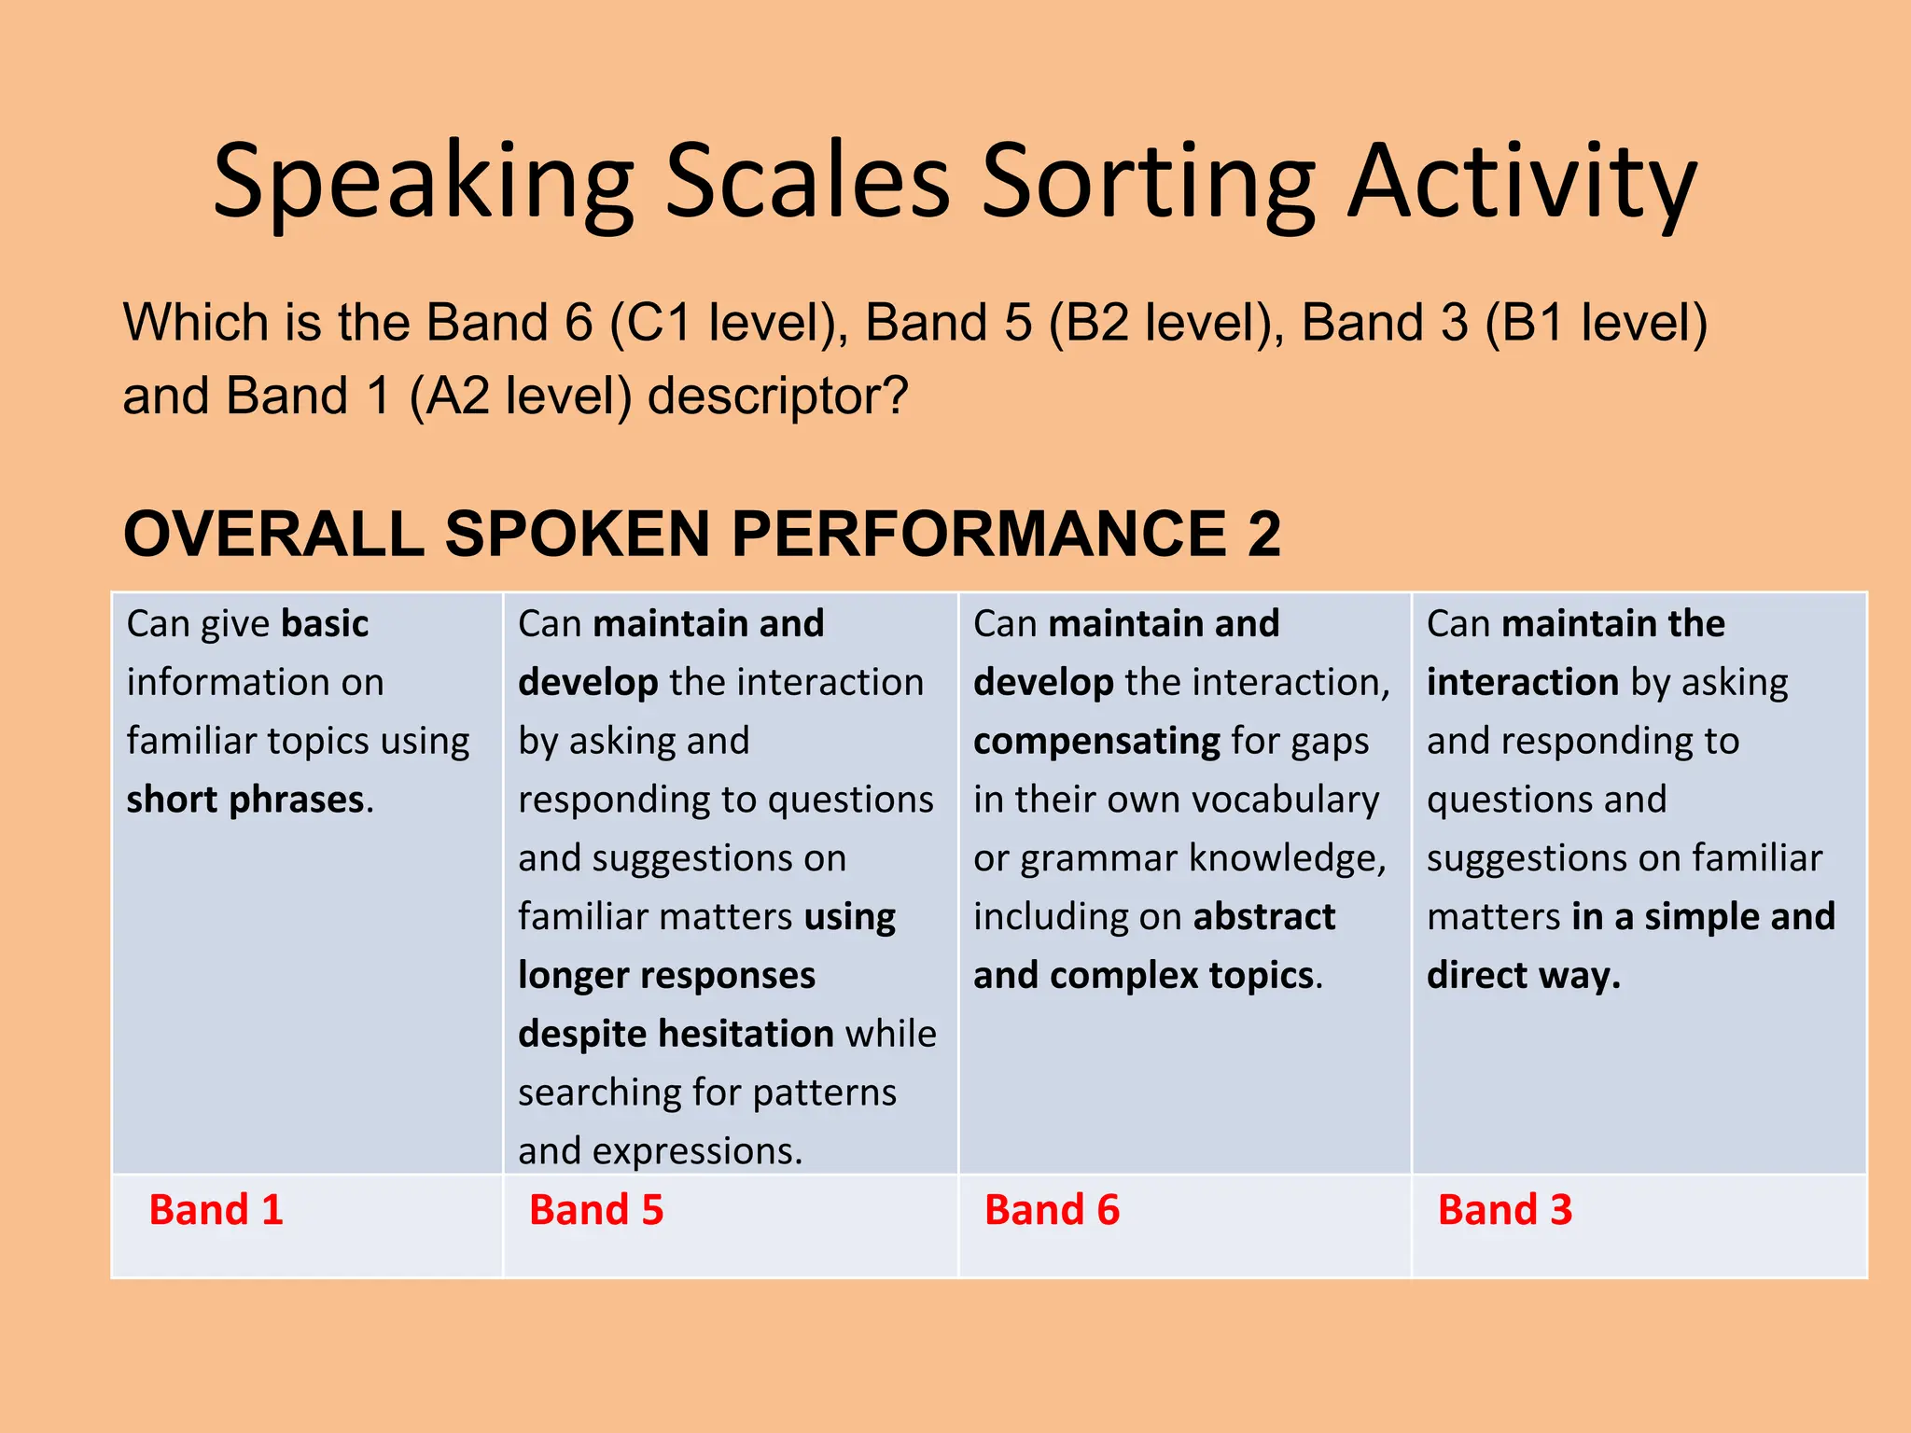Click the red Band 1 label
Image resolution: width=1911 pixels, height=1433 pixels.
pos(216,1210)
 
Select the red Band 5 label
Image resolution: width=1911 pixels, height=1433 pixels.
pos(596,1210)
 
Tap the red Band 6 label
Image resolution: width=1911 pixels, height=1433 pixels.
pos(1052,1210)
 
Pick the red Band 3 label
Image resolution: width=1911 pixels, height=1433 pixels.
pos(1505,1210)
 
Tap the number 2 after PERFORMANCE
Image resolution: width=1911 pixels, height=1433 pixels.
pos(1263,534)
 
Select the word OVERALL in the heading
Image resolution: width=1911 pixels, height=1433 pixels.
pos(273,534)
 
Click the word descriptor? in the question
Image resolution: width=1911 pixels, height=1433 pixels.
pos(777,396)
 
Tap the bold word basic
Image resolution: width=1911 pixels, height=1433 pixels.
pos(325,623)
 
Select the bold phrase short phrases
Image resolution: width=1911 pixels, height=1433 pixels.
pos(245,800)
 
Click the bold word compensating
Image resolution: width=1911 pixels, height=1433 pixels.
pos(1096,741)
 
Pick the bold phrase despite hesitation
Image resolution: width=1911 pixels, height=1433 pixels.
pos(676,1034)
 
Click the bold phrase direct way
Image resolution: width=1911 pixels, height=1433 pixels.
pos(1523,975)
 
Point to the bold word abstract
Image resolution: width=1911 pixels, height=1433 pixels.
pos(1263,916)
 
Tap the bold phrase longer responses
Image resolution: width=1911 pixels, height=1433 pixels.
pos(666,975)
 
